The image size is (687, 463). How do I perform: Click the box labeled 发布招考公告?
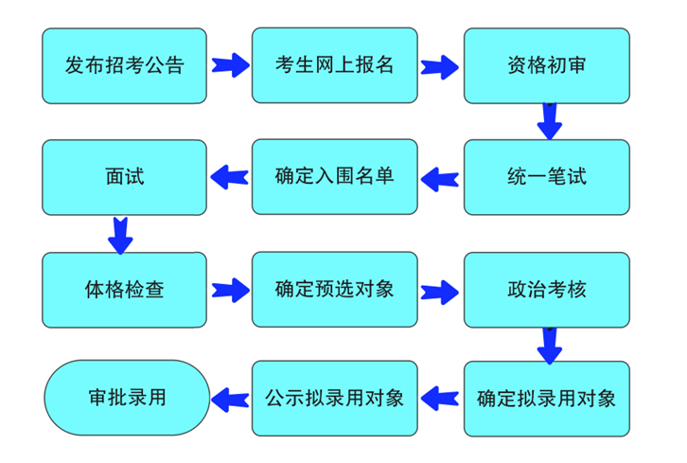point(124,65)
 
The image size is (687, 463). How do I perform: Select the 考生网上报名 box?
point(334,65)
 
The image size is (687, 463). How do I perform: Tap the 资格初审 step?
point(546,65)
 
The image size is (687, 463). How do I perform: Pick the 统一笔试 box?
point(546,177)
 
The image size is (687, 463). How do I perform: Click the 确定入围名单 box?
point(334,177)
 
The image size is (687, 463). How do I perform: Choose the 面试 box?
point(124,177)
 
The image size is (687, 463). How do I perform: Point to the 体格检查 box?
point(124,289)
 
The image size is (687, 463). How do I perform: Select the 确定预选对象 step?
point(334,289)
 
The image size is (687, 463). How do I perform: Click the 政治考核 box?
point(546,289)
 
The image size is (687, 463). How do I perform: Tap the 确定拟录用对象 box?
point(546,399)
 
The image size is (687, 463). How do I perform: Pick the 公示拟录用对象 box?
point(334,399)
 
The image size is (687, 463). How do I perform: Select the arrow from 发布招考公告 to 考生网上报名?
point(229,66)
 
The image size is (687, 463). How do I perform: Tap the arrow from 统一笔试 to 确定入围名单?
point(439,177)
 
